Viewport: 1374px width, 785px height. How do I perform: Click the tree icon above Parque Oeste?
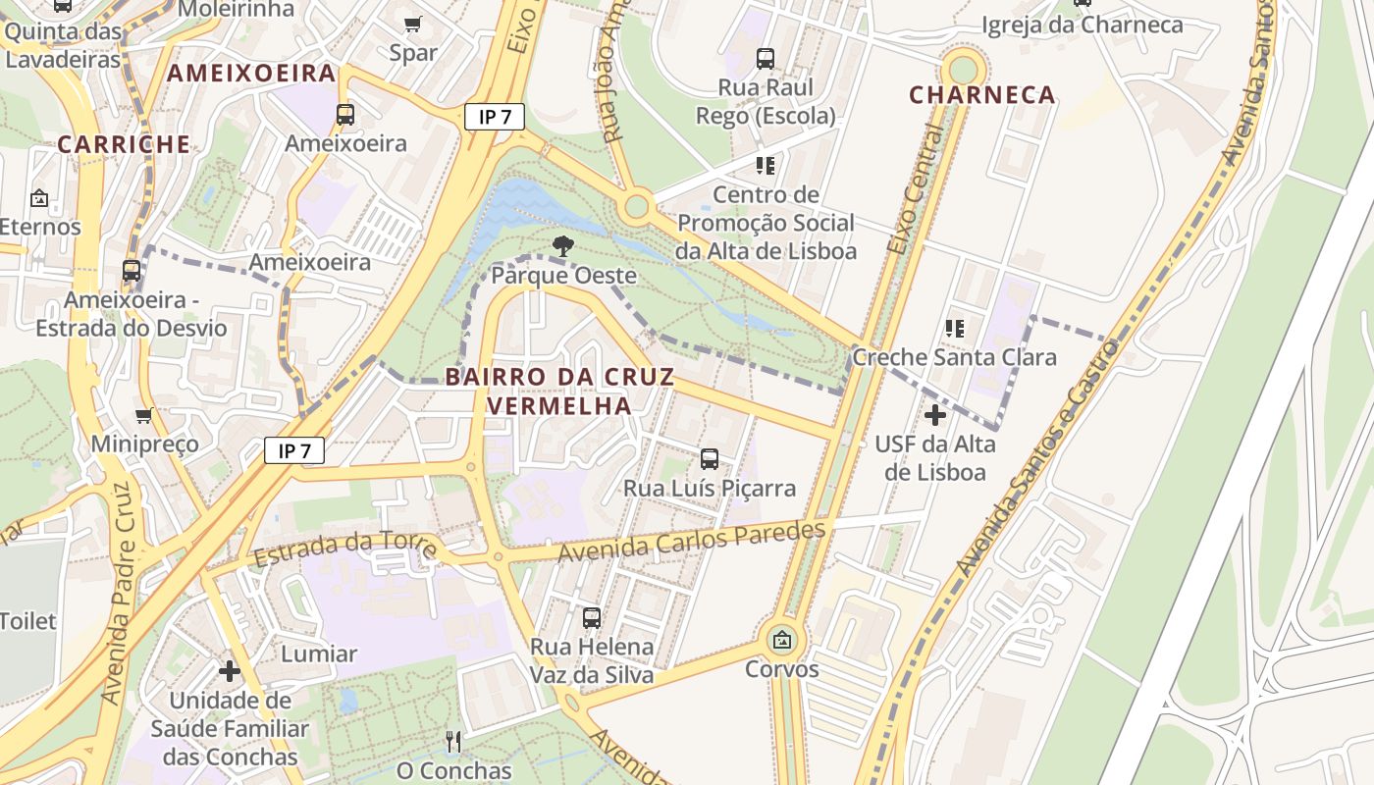pyautogui.click(x=562, y=246)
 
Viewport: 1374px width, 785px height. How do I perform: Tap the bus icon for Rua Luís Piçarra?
pyautogui.click(x=710, y=458)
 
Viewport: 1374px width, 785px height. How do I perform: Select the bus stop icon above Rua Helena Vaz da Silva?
pyautogui.click(x=592, y=617)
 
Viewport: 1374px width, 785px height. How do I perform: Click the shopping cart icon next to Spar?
pyautogui.click(x=413, y=24)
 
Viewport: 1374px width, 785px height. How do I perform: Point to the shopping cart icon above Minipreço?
pyautogui.click(x=144, y=415)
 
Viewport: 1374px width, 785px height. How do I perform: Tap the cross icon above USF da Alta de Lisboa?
pyautogui.click(x=935, y=415)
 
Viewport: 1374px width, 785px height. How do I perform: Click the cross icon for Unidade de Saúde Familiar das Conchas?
pyautogui.click(x=230, y=671)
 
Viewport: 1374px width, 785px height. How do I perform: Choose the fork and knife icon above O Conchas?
pyautogui.click(x=452, y=741)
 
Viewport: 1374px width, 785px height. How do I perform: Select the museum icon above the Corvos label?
pyautogui.click(x=781, y=641)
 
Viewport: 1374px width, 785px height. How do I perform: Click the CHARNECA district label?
pyautogui.click(x=982, y=95)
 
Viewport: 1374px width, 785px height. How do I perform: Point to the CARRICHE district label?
pyautogui.click(x=124, y=144)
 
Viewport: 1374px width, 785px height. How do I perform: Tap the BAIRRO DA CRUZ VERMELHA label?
pyautogui.click(x=559, y=391)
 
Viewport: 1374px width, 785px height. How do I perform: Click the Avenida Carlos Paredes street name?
pyautogui.click(x=692, y=543)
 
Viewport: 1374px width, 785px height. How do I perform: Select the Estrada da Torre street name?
pyautogui.click(x=344, y=547)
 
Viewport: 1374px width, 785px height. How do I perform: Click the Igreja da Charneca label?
pyautogui.click(x=1083, y=26)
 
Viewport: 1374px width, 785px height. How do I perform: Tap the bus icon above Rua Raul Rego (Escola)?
pyautogui.click(x=766, y=59)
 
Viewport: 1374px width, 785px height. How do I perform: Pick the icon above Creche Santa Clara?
pyautogui.click(x=955, y=328)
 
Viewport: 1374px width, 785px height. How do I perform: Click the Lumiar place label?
pyautogui.click(x=319, y=654)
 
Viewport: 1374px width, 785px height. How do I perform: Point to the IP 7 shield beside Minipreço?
pyautogui.click(x=294, y=451)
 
